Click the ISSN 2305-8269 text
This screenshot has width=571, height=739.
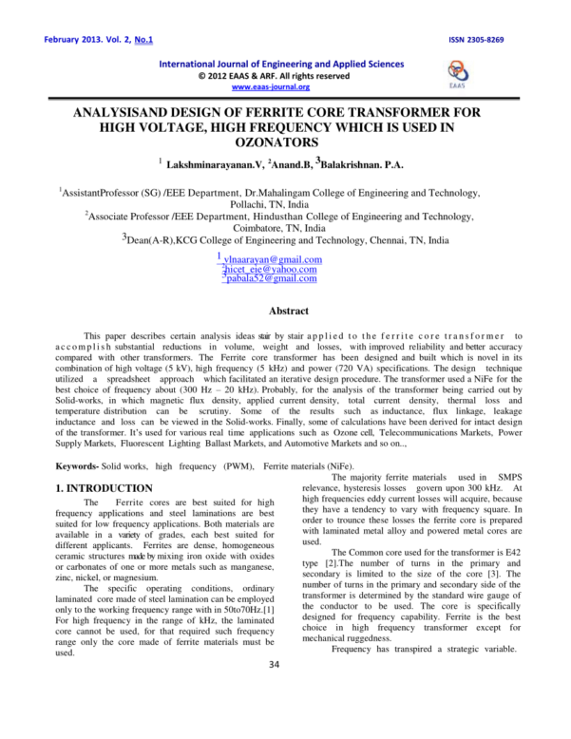tap(504, 14)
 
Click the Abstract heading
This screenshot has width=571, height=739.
tap(289, 311)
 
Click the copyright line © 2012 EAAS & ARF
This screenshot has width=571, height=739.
tap(272, 75)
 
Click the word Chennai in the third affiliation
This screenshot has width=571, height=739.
tap(382, 241)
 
